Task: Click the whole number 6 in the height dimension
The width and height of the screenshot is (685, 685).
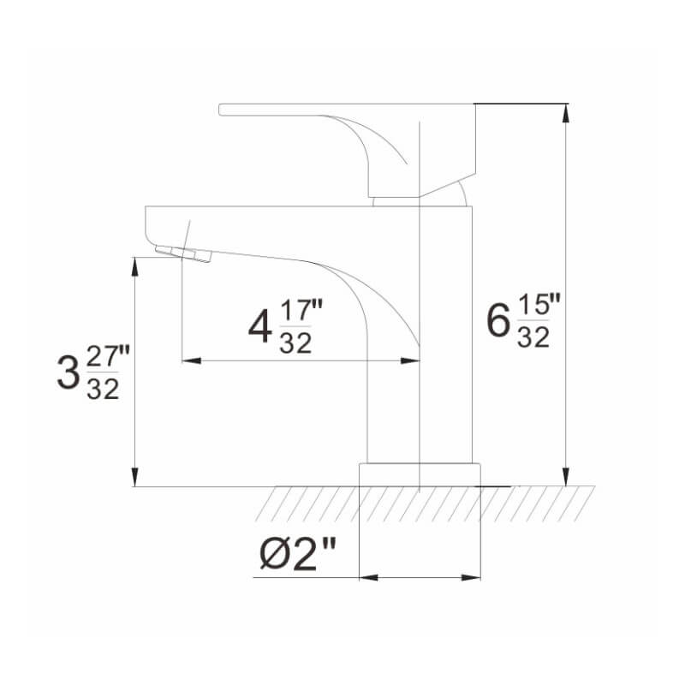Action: (x=497, y=323)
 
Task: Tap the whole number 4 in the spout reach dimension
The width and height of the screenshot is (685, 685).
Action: (x=259, y=327)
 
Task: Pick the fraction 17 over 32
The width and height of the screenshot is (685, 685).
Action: (x=295, y=327)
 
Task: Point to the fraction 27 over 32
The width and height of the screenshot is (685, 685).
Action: (x=103, y=372)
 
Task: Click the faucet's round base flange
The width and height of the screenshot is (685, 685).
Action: (x=420, y=475)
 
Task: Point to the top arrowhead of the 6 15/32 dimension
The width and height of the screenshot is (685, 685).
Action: (x=564, y=111)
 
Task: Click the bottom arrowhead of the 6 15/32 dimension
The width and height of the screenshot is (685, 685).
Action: (x=564, y=478)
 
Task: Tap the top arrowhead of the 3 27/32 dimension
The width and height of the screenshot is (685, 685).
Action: (x=134, y=264)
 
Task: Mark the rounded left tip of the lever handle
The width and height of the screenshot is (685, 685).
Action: (x=223, y=109)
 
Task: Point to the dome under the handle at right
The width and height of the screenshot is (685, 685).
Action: (x=462, y=196)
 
